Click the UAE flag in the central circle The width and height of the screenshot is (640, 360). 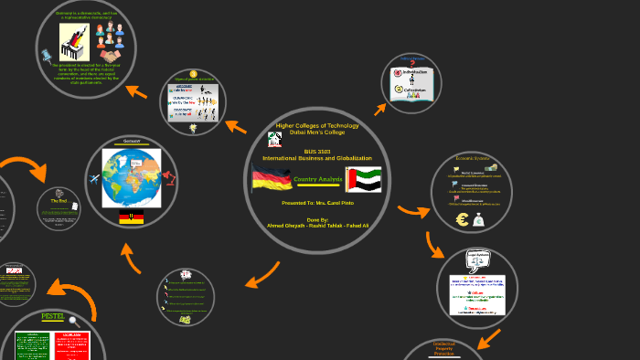(x=363, y=179)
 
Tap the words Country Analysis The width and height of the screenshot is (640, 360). (x=317, y=179)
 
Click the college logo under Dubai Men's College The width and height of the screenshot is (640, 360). (x=274, y=140)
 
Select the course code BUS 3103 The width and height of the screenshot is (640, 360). (x=317, y=151)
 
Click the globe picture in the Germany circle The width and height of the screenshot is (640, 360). (x=131, y=177)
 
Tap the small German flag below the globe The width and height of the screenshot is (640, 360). (x=131, y=217)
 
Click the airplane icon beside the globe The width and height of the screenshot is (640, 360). (x=94, y=178)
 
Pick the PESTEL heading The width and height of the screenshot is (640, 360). (x=55, y=318)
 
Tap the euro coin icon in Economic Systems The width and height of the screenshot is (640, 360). (x=461, y=220)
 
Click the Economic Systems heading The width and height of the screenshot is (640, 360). (x=472, y=159)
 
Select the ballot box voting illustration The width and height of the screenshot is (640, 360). (x=72, y=41)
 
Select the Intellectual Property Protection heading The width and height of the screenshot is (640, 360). (x=443, y=349)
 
